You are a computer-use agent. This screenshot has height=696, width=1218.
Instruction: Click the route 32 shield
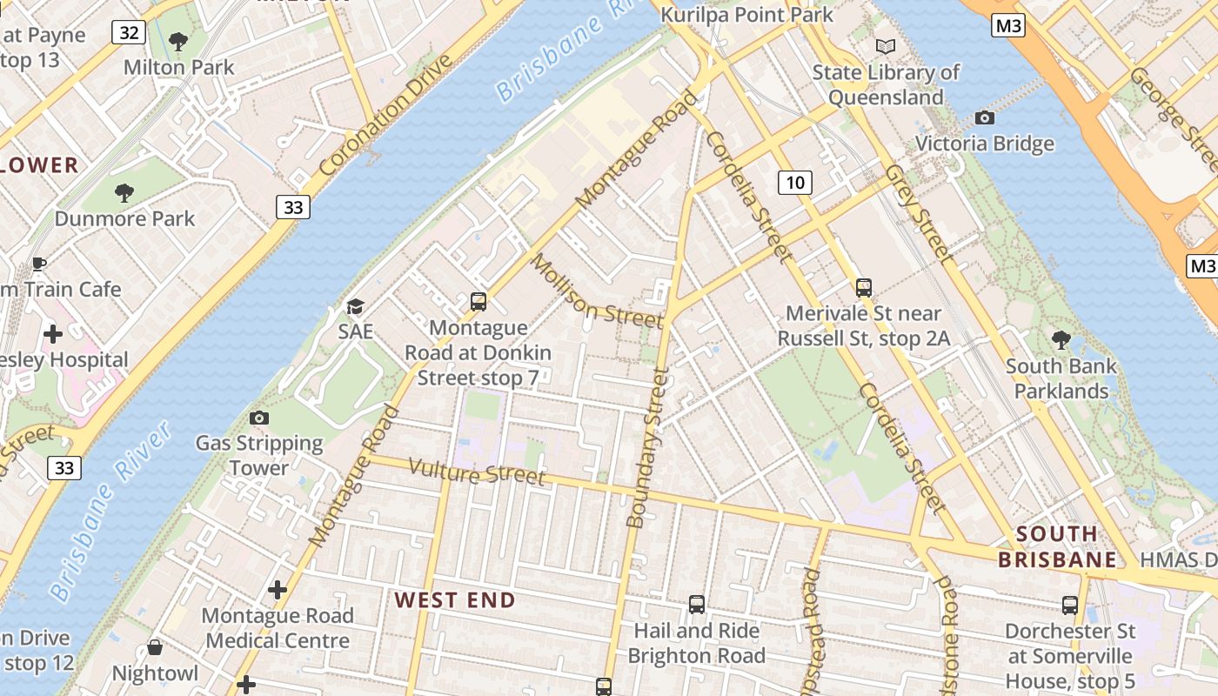click(x=129, y=33)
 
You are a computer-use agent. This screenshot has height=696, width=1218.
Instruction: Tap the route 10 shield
click(x=794, y=182)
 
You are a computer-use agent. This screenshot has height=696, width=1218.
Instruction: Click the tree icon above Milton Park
click(x=178, y=41)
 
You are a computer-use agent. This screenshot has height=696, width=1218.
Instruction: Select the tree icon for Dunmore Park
click(x=124, y=192)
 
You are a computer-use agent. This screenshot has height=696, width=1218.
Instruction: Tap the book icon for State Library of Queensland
click(x=885, y=46)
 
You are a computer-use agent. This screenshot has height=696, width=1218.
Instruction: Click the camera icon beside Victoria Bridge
click(x=985, y=117)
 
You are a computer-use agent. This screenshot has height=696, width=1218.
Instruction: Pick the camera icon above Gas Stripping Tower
click(x=258, y=418)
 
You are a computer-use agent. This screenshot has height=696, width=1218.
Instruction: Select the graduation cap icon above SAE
click(x=355, y=306)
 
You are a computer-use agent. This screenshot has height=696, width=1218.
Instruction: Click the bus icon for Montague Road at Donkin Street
click(x=478, y=302)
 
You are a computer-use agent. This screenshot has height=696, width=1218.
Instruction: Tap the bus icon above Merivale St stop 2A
click(x=863, y=287)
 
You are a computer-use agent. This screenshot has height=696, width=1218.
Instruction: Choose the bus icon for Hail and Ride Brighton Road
click(x=696, y=605)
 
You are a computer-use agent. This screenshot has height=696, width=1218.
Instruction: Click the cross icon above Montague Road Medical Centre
click(x=278, y=590)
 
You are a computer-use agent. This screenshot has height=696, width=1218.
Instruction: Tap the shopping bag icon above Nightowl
click(x=155, y=647)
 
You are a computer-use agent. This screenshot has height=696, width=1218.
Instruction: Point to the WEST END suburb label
click(x=455, y=600)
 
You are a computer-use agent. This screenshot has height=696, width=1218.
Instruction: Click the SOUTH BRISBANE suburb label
click(x=1057, y=546)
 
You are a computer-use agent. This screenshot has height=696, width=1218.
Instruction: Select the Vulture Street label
click(x=477, y=472)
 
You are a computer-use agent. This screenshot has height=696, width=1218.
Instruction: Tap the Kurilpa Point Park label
click(x=746, y=15)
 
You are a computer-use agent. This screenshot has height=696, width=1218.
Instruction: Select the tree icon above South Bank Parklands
click(x=1061, y=339)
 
